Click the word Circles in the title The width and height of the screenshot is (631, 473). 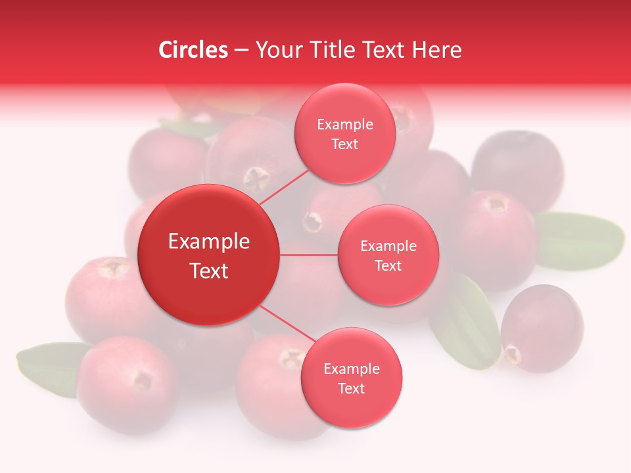[193, 50]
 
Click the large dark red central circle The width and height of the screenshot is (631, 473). [208, 255]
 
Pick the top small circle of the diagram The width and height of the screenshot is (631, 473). [344, 134]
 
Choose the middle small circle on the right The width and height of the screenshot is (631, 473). [388, 255]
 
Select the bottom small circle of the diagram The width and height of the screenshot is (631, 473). [351, 378]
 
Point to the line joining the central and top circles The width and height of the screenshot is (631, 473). [284, 187]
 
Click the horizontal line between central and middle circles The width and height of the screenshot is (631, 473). [308, 255]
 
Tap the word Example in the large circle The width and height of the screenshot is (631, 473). [208, 242]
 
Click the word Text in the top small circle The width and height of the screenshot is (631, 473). [344, 145]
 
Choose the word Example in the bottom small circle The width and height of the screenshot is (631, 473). [351, 369]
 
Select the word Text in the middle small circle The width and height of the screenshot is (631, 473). [388, 265]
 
